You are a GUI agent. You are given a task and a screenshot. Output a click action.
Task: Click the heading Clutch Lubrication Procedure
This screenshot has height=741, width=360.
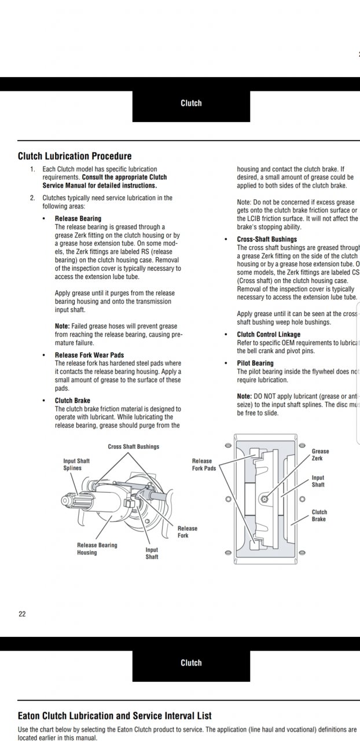pyautogui.click(x=75, y=156)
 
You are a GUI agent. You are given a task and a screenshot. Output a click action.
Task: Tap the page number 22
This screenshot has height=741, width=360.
pyautogui.click(x=22, y=614)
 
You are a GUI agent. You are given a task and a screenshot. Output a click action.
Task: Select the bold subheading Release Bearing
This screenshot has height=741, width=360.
pyautogui.click(x=78, y=219)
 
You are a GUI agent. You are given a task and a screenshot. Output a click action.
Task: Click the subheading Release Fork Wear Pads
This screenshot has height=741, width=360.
pyautogui.click(x=89, y=355)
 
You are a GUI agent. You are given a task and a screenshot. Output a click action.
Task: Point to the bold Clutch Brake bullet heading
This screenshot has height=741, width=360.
pyautogui.click(x=72, y=401)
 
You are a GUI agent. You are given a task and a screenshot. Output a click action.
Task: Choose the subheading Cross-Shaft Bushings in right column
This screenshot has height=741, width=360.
pyautogui.click(x=267, y=239)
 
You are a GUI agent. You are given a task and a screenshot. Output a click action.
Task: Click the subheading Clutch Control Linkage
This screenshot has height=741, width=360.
pyautogui.click(x=269, y=335)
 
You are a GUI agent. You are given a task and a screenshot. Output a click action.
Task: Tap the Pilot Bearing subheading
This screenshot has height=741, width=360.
pyautogui.click(x=255, y=363)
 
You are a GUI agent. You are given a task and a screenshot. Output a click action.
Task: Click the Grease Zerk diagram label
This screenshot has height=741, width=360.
pyautogui.click(x=320, y=455)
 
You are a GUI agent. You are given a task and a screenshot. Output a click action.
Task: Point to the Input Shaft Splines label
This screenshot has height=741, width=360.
pyautogui.click(x=76, y=464)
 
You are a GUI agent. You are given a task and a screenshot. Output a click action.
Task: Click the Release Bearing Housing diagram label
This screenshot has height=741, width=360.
pyautogui.click(x=97, y=549)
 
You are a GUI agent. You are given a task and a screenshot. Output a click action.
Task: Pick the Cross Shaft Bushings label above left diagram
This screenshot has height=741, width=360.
pyautogui.click(x=133, y=447)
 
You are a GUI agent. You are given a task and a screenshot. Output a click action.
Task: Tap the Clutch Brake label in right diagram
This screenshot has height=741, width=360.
pyautogui.click(x=319, y=515)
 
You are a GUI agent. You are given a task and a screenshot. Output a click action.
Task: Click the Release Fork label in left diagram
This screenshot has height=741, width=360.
pyautogui.click(x=187, y=531)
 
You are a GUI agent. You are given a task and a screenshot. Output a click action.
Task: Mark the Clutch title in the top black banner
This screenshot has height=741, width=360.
pyautogui.click(x=191, y=103)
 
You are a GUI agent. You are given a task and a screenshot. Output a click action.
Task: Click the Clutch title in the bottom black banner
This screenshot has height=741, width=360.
pyautogui.click(x=191, y=663)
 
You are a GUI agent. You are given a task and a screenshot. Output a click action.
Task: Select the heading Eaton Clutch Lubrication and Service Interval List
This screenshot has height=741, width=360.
pyautogui.click(x=115, y=716)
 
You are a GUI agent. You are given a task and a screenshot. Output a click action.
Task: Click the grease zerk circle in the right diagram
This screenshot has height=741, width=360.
pyautogui.click(x=264, y=498)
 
